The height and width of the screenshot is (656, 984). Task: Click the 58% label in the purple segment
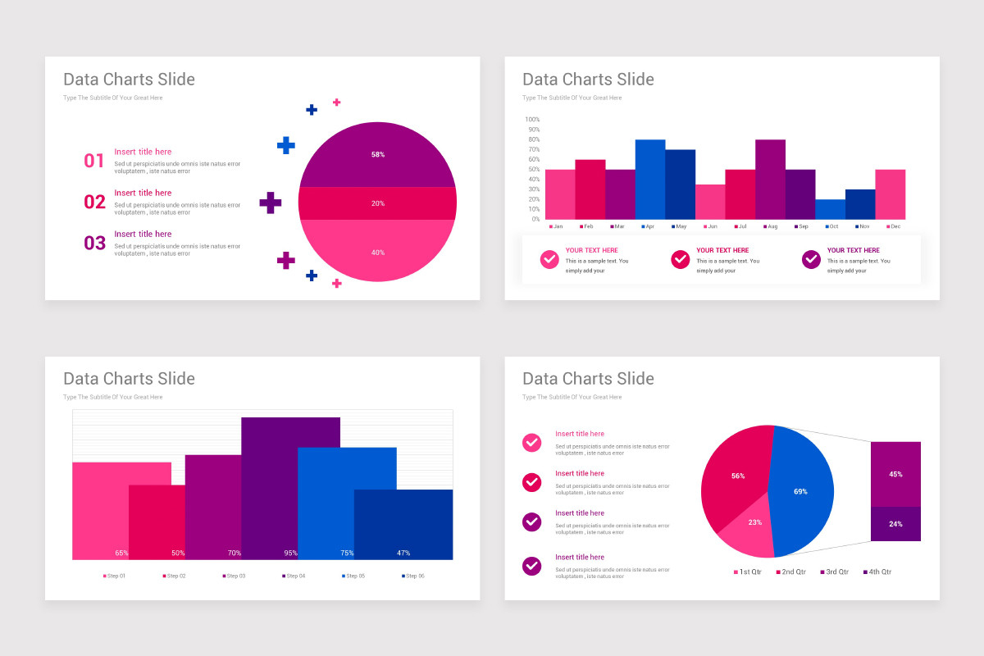pyautogui.click(x=378, y=154)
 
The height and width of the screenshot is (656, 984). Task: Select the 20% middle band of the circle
pyautogui.click(x=378, y=203)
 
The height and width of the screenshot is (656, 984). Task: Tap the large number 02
pyautogui.click(x=95, y=202)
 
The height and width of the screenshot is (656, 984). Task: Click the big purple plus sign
pyautogui.click(x=271, y=203)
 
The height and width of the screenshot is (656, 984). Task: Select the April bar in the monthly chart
pyautogui.click(x=650, y=179)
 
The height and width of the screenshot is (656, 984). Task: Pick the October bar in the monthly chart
pyautogui.click(x=830, y=209)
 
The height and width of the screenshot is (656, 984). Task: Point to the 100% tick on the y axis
pyautogui.click(x=532, y=120)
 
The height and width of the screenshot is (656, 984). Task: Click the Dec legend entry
pyautogui.click(x=893, y=226)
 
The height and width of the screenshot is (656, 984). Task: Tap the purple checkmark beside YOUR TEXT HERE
pyautogui.click(x=811, y=259)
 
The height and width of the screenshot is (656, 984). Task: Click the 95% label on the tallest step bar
pyautogui.click(x=290, y=553)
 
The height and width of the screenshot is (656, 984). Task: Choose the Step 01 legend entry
pyautogui.click(x=114, y=576)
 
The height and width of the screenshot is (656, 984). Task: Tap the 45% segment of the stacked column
pyautogui.click(x=895, y=474)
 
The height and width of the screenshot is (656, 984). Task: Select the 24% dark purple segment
pyautogui.click(x=895, y=524)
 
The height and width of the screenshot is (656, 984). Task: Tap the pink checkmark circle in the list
pyautogui.click(x=531, y=443)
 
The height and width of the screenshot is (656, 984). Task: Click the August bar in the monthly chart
pyautogui.click(x=770, y=179)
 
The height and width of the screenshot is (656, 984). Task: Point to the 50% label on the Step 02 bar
pyautogui.click(x=178, y=553)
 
